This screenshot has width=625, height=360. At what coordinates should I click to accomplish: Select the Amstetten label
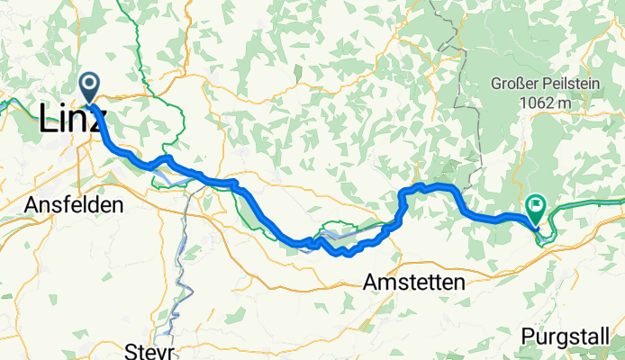coord(415,283)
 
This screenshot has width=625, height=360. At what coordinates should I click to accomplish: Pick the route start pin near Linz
coord(90,87)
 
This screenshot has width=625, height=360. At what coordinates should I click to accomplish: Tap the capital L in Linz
coord(50,121)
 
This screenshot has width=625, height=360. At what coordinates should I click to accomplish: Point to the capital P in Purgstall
coord(527,336)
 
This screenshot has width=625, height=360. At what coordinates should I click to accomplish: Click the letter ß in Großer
coord(524,84)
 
